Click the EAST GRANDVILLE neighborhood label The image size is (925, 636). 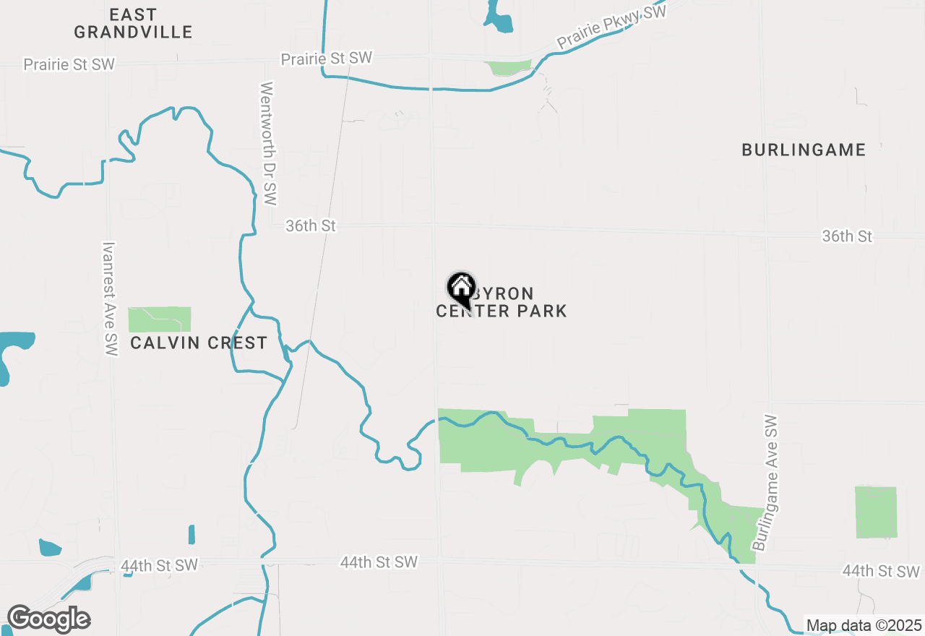pyautogui.click(x=133, y=23)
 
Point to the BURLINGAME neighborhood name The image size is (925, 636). pyautogui.click(x=804, y=150)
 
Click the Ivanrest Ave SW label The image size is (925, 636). pyautogui.click(x=110, y=298)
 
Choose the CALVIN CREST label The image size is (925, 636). pyautogui.click(x=199, y=343)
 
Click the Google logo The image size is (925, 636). pyautogui.click(x=48, y=619)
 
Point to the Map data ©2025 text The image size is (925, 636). pyautogui.click(x=864, y=625)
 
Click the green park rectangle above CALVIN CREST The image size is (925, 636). pyautogui.click(x=160, y=319)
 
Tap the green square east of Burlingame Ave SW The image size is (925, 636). pyautogui.click(x=876, y=512)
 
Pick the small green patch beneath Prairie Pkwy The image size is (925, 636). pyautogui.click(x=509, y=68)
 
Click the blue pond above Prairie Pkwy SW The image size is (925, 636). pyautogui.click(x=499, y=18)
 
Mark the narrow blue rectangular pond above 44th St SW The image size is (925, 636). pyautogui.click(x=192, y=534)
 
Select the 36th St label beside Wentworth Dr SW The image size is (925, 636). pyautogui.click(x=311, y=226)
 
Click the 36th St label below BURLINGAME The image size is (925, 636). pyautogui.click(x=847, y=236)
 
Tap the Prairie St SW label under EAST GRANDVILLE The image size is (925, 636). pyautogui.click(x=69, y=64)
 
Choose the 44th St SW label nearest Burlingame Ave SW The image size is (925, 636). pyautogui.click(x=881, y=572)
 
